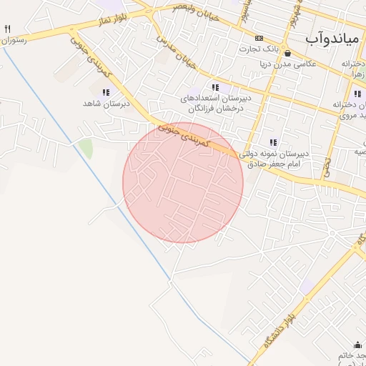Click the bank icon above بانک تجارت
coord(259,38)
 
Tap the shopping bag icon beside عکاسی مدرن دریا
coord(287,53)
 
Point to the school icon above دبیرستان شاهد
coord(107,92)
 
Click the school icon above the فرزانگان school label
coord(215,88)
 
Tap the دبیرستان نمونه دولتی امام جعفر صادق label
coord(273,158)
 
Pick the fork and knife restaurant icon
coord(7,29)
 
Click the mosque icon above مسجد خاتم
coord(357,345)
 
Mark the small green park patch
coord(86,149)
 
